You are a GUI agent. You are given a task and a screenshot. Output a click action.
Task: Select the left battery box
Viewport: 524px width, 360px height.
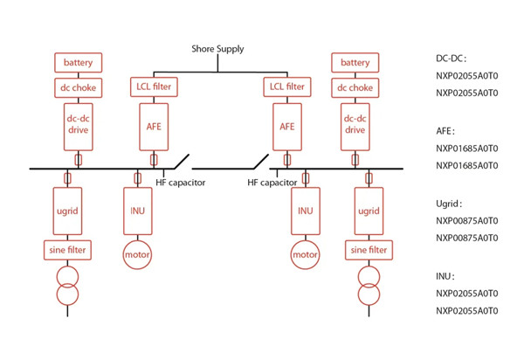(79, 63)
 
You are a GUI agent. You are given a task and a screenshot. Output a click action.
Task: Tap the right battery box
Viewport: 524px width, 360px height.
(355, 63)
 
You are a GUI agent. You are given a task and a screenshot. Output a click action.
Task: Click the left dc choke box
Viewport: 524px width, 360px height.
(79, 87)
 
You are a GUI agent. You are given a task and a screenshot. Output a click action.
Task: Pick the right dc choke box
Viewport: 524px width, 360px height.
(355, 87)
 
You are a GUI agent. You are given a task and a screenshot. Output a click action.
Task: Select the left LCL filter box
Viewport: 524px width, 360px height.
(154, 87)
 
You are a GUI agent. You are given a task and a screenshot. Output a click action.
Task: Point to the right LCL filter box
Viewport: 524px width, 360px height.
(286, 87)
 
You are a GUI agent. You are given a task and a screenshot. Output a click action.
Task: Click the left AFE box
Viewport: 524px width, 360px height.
(154, 125)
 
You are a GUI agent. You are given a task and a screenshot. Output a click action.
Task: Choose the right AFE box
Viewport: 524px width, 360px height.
(286, 125)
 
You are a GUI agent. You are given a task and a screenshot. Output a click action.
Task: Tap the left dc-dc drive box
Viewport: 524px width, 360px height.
(79, 125)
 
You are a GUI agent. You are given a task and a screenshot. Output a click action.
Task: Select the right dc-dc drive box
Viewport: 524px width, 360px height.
(355, 125)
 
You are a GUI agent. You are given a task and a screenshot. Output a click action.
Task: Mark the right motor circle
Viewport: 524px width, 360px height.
(304, 254)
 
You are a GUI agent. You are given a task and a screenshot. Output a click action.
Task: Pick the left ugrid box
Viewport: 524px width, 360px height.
(67, 211)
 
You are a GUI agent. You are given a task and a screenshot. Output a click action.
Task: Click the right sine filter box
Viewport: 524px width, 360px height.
(368, 250)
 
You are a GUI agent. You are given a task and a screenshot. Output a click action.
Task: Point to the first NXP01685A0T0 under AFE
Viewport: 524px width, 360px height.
(466, 148)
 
